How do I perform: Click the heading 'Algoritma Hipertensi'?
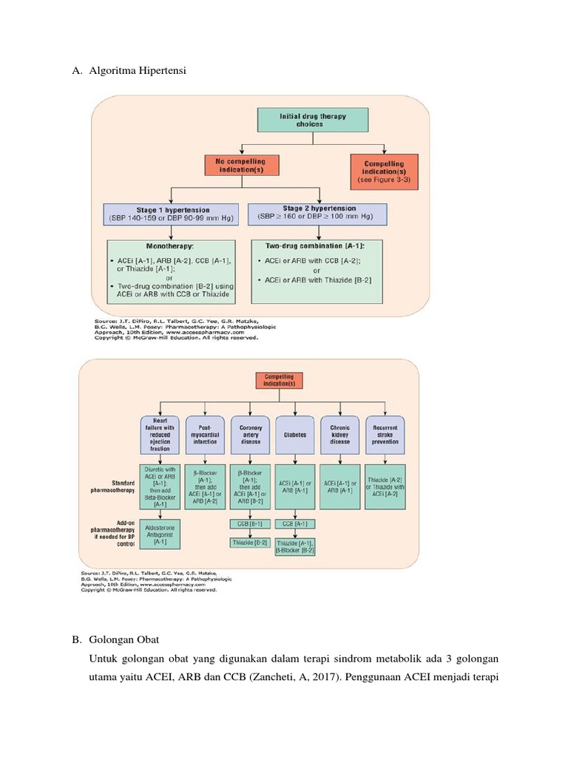tap(138, 71)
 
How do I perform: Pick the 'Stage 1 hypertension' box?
tap(171, 214)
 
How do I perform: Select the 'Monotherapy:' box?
tap(171, 271)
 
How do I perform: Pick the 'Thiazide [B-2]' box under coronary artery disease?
tap(250, 543)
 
